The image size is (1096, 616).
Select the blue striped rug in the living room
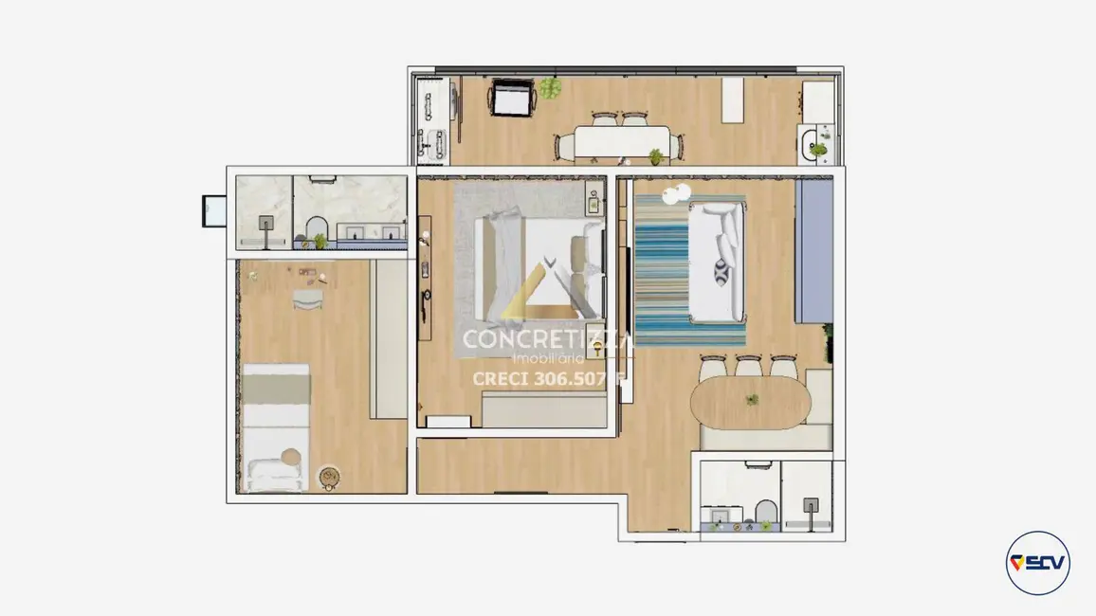coord(689,270)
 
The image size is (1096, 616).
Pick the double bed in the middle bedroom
coord(540,265)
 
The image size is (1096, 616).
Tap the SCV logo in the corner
coord(1037,562)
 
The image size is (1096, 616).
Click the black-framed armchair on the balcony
coord(513,98)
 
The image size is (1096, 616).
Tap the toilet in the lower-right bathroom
coord(765,513)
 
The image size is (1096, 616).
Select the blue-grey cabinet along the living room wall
coord(813,251)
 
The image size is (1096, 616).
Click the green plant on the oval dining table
coord(752,400)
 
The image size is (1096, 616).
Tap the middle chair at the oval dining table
coord(748,367)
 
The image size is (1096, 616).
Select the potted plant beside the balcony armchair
coord(551,88)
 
